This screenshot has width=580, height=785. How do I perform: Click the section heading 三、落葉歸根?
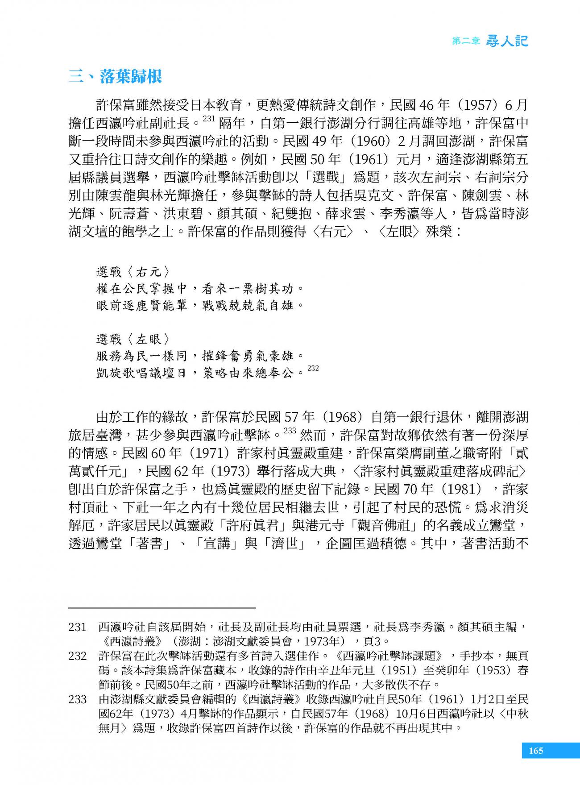click(x=115, y=77)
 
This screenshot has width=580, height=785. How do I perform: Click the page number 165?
click(x=536, y=751)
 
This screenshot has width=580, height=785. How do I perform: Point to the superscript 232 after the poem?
click(x=313, y=368)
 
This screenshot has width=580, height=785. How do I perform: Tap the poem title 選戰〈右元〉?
click(x=133, y=272)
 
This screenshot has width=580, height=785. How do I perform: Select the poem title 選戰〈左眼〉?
click(x=133, y=339)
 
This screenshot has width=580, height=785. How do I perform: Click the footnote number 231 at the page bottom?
click(x=77, y=627)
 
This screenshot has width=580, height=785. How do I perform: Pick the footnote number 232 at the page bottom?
click(x=77, y=656)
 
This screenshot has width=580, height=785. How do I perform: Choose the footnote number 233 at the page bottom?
click(x=77, y=699)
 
